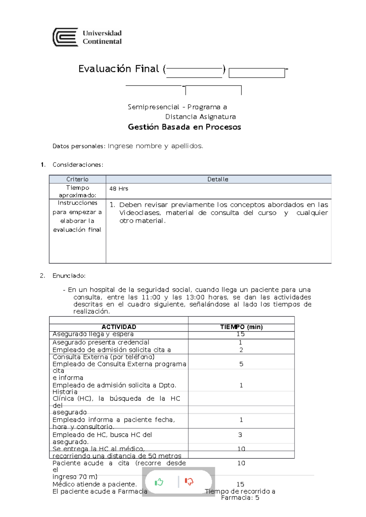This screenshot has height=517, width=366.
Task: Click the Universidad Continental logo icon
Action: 65,37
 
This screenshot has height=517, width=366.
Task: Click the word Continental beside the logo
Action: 102,41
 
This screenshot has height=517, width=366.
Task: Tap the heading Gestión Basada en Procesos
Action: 184,127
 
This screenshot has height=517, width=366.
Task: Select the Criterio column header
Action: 77,179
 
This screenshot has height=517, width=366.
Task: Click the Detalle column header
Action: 218,179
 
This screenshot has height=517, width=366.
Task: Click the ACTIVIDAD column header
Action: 119,327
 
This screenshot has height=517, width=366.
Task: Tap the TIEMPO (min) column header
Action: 241,327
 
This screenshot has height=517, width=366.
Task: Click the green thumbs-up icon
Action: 159,482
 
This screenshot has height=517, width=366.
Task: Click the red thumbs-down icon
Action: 189,482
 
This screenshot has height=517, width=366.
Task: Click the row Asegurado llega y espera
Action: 93,334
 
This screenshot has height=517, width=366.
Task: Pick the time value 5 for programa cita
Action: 241,364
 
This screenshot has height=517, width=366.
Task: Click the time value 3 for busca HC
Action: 240,435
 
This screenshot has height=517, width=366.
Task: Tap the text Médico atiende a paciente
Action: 95,484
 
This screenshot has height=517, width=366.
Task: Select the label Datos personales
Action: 78,146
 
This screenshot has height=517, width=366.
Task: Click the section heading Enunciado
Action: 69,276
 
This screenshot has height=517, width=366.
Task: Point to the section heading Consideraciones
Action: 78,165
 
